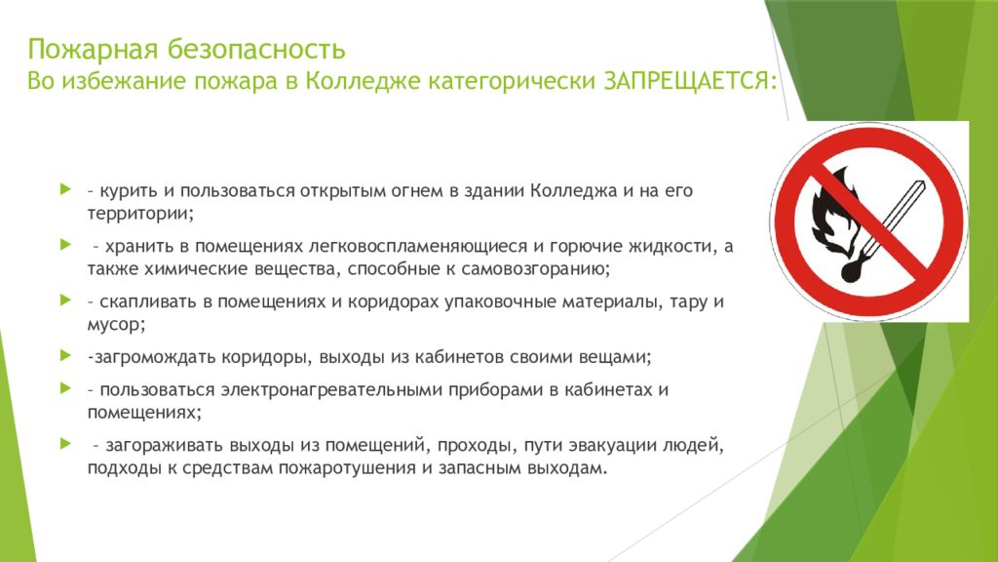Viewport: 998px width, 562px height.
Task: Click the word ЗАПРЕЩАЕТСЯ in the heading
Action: (690, 82)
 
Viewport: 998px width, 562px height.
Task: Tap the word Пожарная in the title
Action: (93, 50)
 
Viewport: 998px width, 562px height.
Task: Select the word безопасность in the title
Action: (256, 49)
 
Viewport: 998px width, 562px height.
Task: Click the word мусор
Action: (116, 325)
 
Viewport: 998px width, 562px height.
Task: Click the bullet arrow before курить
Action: (65, 189)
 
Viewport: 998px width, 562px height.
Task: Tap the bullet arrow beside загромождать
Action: (65, 355)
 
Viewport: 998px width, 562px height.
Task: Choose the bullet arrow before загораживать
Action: (65, 443)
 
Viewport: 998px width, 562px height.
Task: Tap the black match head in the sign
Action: (853, 270)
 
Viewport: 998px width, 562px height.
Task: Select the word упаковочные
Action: (500, 302)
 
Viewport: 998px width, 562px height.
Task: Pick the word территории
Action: (140, 214)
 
